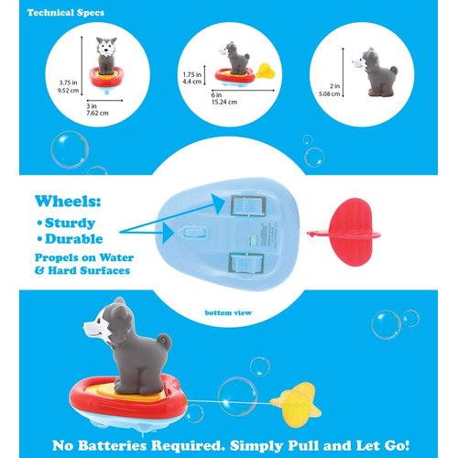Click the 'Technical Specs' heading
coord(66,14)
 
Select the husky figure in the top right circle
coord(373,70)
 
